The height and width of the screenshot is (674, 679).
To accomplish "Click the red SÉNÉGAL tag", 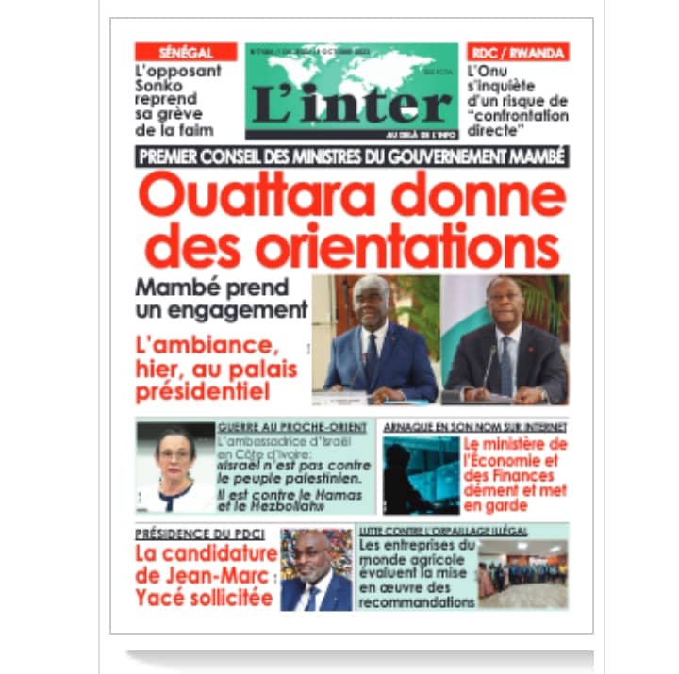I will (185, 52).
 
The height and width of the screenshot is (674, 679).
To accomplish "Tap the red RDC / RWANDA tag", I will (518, 52).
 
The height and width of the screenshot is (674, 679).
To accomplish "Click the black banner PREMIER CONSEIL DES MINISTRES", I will (352, 156).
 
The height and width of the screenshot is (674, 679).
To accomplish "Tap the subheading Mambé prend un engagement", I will (222, 298).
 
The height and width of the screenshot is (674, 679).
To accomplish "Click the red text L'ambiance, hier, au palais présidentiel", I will (217, 369).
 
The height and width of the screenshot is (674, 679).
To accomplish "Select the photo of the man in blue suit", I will (374, 339).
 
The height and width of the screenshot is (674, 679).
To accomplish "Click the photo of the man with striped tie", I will (505, 339).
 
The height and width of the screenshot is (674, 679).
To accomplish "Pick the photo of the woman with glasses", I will (175, 468).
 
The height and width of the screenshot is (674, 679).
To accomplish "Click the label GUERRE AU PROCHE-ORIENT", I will (292, 427).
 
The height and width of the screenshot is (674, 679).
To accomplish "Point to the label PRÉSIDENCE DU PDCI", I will (196, 534).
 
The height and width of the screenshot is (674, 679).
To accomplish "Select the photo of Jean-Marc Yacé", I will (315, 569).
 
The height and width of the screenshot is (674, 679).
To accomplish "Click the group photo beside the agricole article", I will (522, 573).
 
